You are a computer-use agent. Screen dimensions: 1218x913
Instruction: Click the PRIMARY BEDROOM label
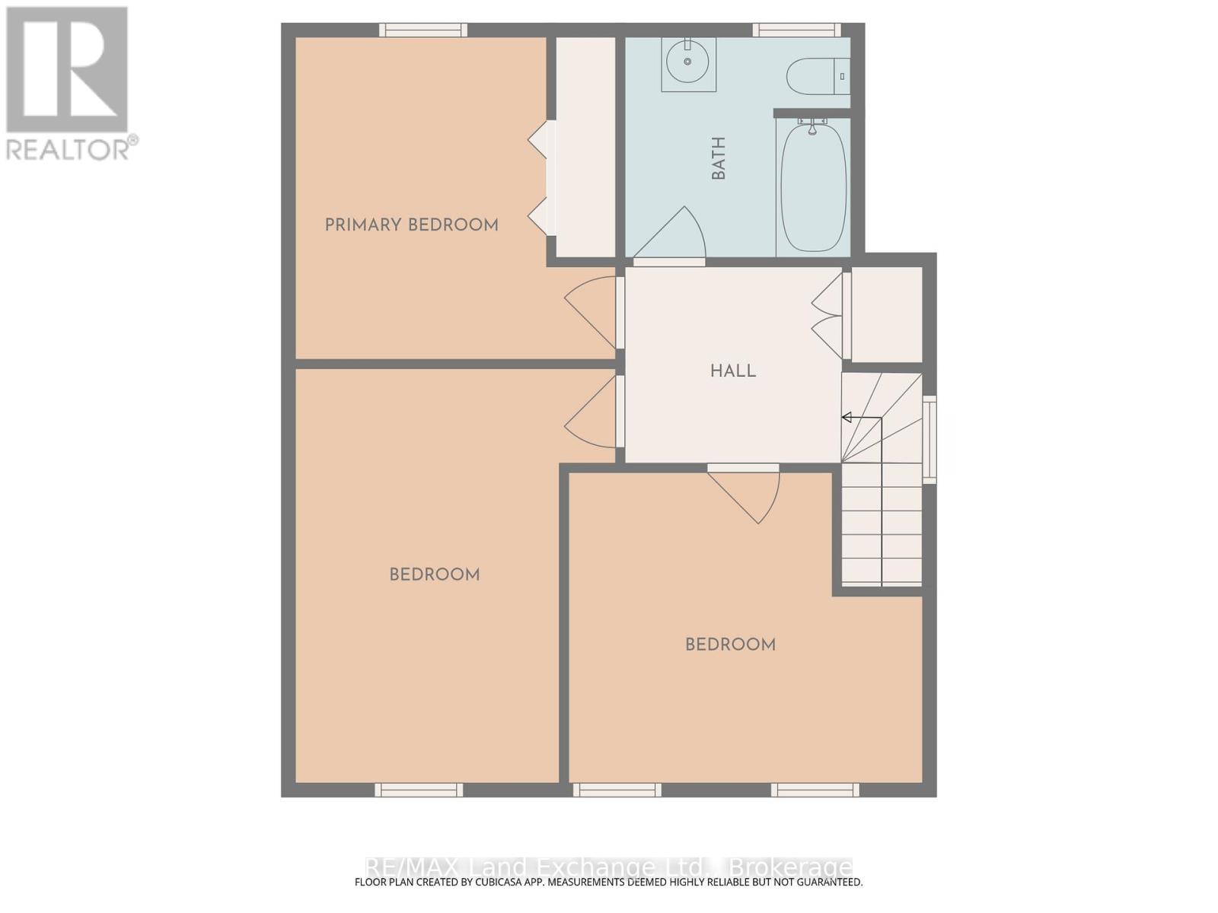point(411,225)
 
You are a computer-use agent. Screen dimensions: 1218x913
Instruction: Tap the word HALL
point(733,371)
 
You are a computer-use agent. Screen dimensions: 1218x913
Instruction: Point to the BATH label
point(719,158)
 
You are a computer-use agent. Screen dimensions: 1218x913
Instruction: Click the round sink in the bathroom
point(687,62)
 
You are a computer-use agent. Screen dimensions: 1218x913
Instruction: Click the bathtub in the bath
point(814,187)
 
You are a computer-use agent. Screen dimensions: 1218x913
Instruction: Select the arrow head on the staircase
point(847,418)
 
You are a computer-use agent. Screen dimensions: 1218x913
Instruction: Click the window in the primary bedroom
point(422,30)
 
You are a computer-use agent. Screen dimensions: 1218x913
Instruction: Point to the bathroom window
point(796,30)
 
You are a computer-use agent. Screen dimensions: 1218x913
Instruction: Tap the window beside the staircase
point(929,440)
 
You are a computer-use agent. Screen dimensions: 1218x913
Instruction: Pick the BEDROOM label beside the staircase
point(730,644)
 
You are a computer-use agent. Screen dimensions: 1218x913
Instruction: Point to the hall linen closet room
point(887,315)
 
